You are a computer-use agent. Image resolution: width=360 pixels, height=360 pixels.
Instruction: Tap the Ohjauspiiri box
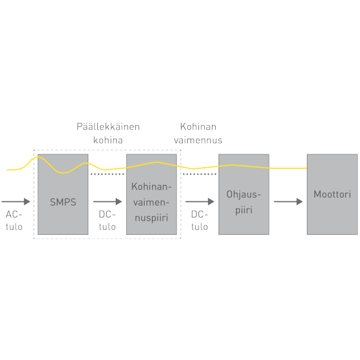[243, 215]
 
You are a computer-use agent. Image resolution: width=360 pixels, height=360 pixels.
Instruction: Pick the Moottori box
[332, 215]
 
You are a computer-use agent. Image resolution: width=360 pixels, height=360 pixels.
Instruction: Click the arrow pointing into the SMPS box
[16, 201]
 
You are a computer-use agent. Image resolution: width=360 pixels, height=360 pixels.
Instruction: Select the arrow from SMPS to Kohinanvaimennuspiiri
[107, 201]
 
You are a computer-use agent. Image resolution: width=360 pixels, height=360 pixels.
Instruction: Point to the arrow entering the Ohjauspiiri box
[200, 201]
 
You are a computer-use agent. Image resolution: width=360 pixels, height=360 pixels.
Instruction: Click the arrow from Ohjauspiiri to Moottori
[288, 201]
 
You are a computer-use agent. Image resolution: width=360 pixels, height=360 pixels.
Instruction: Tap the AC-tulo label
[14, 220]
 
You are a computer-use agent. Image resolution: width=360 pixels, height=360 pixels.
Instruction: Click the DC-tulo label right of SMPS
[107, 221]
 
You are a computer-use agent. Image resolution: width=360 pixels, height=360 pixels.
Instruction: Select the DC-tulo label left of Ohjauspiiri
[199, 221]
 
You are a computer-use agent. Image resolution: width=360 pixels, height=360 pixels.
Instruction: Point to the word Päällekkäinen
[108, 127]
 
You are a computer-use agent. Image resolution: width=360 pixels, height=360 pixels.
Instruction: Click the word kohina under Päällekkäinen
[108, 140]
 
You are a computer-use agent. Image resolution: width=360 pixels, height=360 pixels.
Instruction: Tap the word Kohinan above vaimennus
[198, 127]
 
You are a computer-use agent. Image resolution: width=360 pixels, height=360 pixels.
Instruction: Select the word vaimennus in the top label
[198, 140]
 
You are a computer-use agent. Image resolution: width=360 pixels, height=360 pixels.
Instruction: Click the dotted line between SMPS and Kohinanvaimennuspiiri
[107, 174]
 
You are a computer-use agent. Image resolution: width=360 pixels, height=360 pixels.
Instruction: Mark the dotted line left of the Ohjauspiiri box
[200, 174]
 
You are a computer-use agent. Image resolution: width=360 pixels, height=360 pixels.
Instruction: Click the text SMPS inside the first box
[63, 202]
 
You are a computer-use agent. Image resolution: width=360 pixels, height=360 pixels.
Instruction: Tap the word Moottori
[332, 195]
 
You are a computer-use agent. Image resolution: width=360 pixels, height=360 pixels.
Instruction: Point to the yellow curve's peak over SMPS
[38, 157]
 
